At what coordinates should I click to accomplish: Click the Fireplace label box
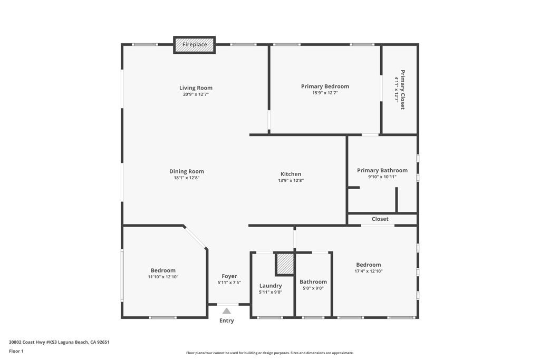pos(195,45)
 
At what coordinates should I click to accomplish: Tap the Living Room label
pos(196,88)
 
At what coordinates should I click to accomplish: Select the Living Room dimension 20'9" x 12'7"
pos(196,94)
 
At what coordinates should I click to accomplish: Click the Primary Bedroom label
pos(325,86)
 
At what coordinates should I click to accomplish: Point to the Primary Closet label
pos(402,90)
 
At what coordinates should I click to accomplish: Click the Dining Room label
pos(186,171)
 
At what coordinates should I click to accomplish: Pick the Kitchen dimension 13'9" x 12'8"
pos(291,180)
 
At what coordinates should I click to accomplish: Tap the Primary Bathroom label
pos(382,170)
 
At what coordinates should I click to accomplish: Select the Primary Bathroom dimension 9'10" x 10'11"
pos(382,177)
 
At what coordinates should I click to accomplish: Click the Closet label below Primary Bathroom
pos(380,219)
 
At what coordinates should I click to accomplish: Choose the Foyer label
pos(229,276)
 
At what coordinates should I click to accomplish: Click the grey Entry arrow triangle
pos(227,311)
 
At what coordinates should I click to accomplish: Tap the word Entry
pos(227,320)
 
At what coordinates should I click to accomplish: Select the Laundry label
pos(271,286)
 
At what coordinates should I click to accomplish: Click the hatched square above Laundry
pos(285,264)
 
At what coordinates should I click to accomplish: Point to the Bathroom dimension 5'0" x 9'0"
pos(313,288)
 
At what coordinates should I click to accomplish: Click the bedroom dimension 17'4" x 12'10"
pos(369,271)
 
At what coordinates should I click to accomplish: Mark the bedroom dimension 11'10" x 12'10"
pos(163,277)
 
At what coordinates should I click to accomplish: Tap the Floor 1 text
pos(16,351)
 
